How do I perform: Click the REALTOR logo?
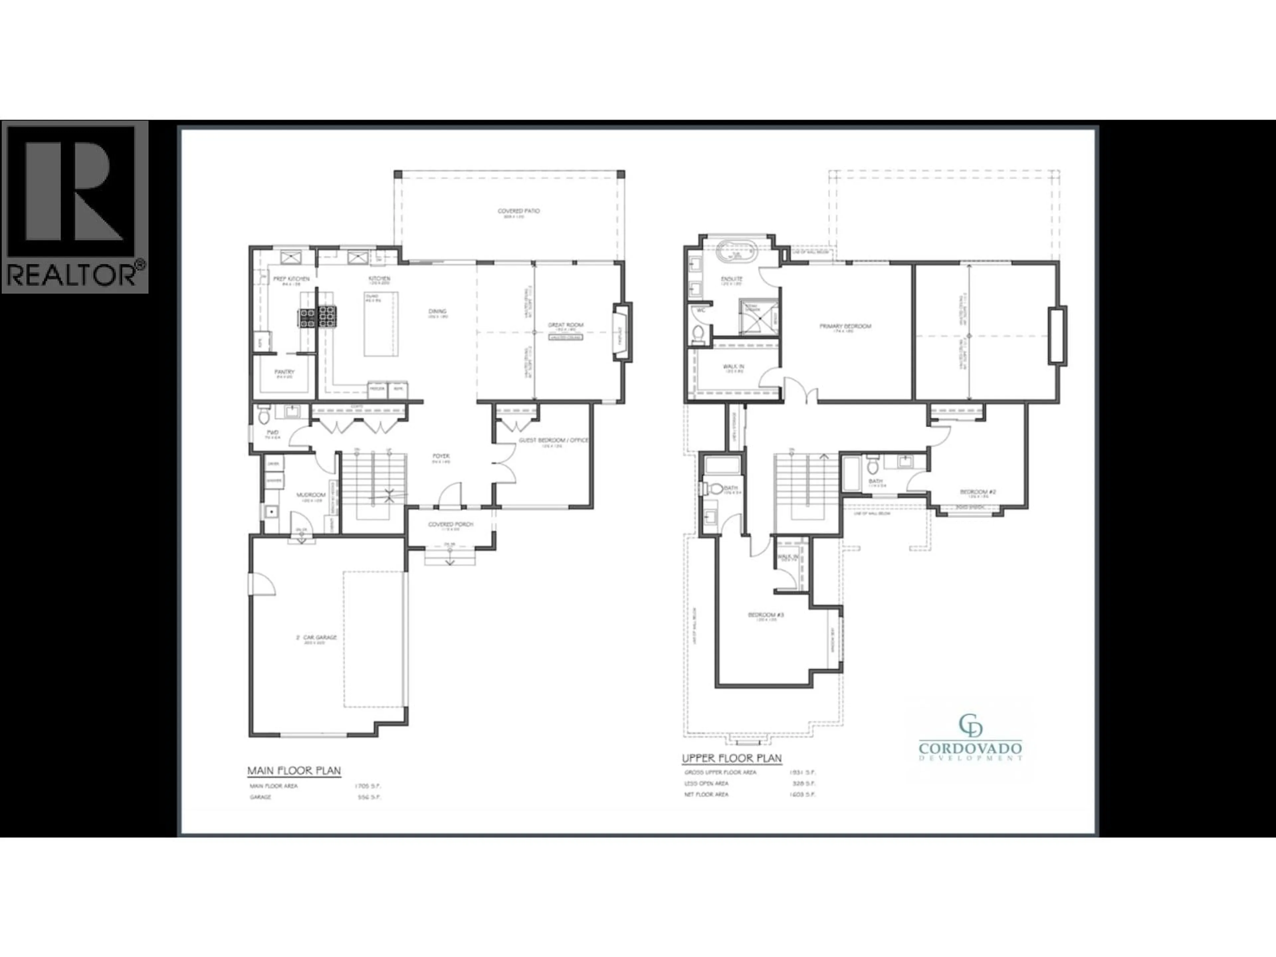pos(75,206)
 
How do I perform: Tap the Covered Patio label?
pos(519,211)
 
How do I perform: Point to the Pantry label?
pos(284,372)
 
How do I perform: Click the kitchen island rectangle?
pos(381,324)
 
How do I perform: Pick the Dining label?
pos(437,311)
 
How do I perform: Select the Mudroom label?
pos(311,495)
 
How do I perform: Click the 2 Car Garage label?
pos(316,637)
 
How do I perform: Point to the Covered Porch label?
pos(451,524)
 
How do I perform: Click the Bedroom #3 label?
pos(766,615)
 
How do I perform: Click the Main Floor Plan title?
pos(294,771)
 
